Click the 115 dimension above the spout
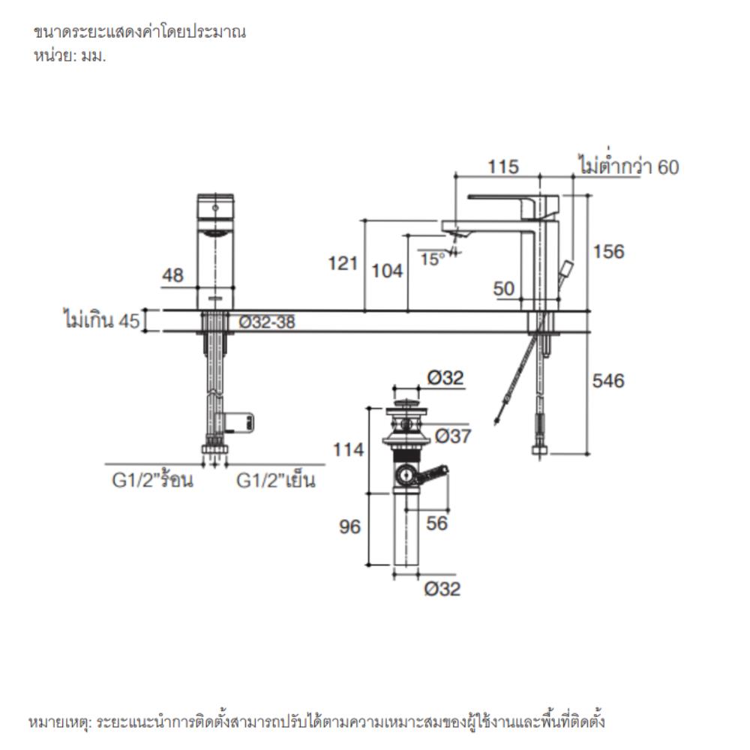pos(502,166)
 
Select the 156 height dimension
pos(608,252)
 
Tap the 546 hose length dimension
pos(608,381)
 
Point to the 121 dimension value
pos(342,263)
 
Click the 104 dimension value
pos(388,271)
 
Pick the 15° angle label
pos(431,259)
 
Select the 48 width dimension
pos(173,276)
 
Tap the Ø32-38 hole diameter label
pos(267,322)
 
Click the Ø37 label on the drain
pos(452,436)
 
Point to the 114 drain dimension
pos(349,450)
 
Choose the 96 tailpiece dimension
pos(349,527)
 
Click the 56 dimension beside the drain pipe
pos(436,523)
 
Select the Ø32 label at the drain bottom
pos(442,589)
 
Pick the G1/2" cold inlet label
pos(275,480)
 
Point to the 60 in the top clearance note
pos(668,167)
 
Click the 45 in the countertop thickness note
pos(129,322)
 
